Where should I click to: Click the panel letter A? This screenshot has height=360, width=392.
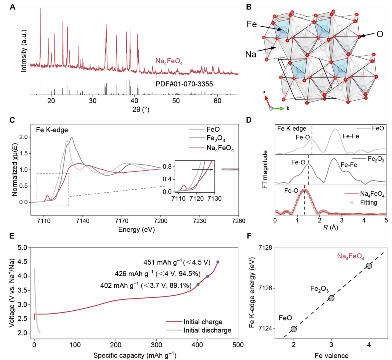tap(12, 7)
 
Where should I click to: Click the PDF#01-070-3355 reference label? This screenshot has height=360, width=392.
tap(184, 84)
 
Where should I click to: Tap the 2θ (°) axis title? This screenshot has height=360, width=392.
tap(141, 109)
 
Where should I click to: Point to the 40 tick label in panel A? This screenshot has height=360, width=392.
tap(134, 101)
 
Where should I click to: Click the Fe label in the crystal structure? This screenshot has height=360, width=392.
tap(251, 24)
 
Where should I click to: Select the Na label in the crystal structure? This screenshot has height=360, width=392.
tap(251, 54)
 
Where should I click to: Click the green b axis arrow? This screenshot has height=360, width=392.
tap(278, 109)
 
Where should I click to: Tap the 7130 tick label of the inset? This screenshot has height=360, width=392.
tap(214, 198)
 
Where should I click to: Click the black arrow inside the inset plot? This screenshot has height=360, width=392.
tap(202, 170)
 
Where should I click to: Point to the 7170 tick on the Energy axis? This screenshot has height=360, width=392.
tap(121, 221)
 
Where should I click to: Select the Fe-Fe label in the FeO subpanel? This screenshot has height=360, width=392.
tap(351, 136)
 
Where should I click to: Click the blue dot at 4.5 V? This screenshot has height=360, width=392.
tap(218, 262)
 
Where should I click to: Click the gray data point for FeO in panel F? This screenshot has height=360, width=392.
tap(294, 329)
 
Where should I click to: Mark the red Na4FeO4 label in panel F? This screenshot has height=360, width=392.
tap(351, 256)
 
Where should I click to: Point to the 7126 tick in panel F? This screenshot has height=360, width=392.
tap(266, 288)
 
